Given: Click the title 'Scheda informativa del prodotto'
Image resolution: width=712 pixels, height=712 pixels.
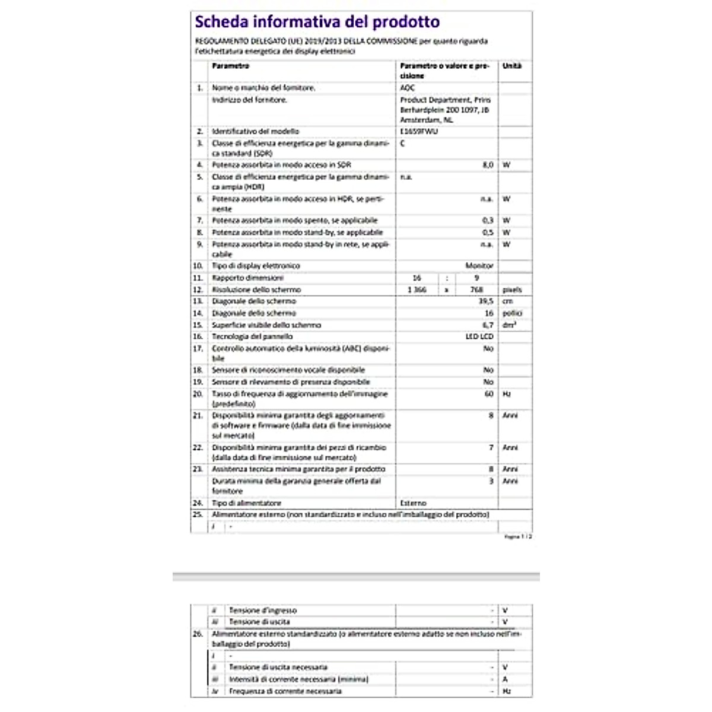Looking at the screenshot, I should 317,23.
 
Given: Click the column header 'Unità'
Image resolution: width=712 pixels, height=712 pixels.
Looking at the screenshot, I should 511,66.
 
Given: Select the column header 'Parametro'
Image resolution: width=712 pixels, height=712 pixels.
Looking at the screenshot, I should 230,66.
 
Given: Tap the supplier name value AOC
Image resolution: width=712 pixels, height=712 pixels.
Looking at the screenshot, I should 408,88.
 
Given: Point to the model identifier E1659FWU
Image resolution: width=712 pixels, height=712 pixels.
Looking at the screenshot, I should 419,131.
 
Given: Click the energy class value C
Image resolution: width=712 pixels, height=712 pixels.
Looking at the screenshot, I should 403,144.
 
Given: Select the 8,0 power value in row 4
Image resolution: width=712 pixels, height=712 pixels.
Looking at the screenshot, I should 488,165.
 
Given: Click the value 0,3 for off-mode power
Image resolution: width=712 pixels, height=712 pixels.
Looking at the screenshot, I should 488,220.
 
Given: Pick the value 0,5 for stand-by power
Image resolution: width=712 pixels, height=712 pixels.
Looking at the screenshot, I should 488,233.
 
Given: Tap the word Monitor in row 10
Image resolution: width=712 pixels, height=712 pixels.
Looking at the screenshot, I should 479,266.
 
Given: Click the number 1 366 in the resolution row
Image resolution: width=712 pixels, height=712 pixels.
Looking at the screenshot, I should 417,290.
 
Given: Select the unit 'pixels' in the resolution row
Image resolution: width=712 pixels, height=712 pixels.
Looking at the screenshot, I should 512,290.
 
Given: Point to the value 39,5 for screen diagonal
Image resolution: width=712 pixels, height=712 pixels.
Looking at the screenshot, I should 486,301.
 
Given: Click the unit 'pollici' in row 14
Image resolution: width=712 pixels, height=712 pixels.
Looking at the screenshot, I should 512,313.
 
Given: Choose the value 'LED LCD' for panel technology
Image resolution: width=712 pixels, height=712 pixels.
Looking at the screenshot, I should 479,336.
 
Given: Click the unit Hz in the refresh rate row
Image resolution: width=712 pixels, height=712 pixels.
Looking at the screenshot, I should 506,394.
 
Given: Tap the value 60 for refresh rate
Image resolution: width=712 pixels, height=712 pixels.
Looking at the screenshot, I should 489,394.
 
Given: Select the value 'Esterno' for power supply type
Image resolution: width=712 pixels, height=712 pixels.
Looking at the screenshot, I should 413,503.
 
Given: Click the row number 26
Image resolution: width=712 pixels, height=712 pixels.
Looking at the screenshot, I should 198,634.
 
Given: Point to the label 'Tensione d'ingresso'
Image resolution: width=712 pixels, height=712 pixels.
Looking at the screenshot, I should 263,611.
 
